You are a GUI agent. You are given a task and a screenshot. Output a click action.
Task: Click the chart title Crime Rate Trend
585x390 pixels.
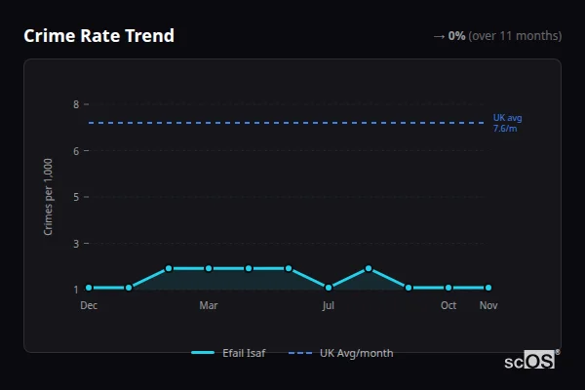coord(98,36)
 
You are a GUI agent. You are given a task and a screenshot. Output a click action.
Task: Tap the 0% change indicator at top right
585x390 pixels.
coord(456,36)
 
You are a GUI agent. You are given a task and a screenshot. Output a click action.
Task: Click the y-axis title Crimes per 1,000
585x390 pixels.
coord(49,196)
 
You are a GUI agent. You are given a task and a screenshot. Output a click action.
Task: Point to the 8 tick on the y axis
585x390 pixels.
coord(75,104)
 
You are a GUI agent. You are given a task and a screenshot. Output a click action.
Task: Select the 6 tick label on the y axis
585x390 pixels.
coord(75,150)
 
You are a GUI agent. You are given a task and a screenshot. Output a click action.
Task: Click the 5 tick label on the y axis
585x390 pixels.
coord(75,197)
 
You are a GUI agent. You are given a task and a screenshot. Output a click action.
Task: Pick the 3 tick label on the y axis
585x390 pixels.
coord(75,243)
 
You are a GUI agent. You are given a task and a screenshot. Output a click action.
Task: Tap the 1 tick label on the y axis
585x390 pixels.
coord(75,290)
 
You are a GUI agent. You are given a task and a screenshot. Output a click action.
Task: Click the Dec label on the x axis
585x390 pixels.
coord(89,305)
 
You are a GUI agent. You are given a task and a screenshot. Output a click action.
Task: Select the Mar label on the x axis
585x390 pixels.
coord(209,305)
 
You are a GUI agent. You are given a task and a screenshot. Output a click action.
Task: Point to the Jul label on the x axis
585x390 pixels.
coord(329,305)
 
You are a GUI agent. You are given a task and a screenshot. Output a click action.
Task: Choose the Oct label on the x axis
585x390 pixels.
coord(448,305)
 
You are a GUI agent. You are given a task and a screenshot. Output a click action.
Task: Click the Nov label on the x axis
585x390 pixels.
coord(488,305)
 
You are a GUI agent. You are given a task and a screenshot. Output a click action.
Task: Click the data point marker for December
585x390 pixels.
coord(89,288)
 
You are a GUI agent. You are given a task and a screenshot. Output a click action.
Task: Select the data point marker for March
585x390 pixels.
coord(209,268)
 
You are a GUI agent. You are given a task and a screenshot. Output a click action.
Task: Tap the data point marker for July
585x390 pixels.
coord(329,288)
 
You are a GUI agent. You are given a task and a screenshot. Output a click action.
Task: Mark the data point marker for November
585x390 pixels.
coord(488,288)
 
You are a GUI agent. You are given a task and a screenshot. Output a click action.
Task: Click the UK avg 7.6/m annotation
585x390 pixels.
coord(507,123)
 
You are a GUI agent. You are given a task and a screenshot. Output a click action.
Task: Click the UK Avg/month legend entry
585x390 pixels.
coord(342,353)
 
